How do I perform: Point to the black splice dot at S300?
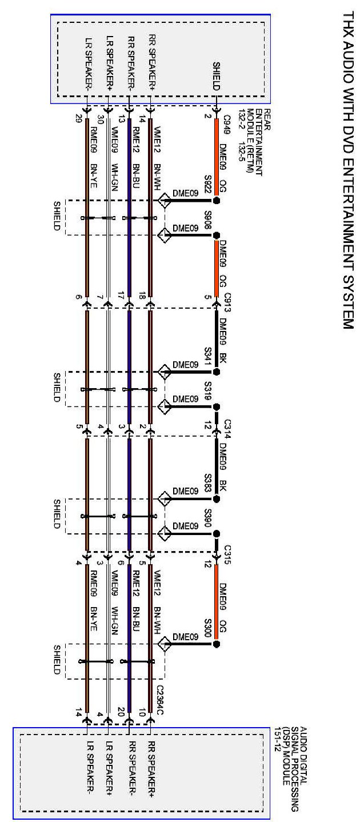pyautogui.click(x=217, y=644)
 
